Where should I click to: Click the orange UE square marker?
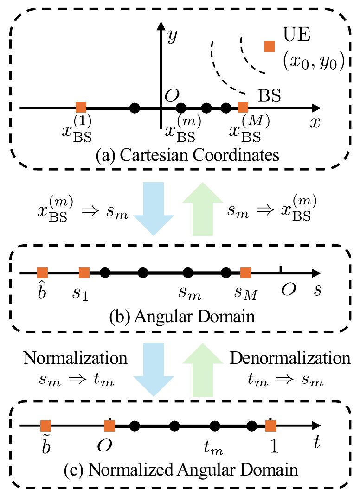point(269,46)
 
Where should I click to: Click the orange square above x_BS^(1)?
point(81,108)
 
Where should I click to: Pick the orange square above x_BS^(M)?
point(243,108)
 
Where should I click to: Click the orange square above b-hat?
point(43,273)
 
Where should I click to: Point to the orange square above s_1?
point(84,273)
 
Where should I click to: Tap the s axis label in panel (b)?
point(317,290)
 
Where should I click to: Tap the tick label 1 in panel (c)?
point(275,446)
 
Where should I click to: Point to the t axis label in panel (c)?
point(317,444)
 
